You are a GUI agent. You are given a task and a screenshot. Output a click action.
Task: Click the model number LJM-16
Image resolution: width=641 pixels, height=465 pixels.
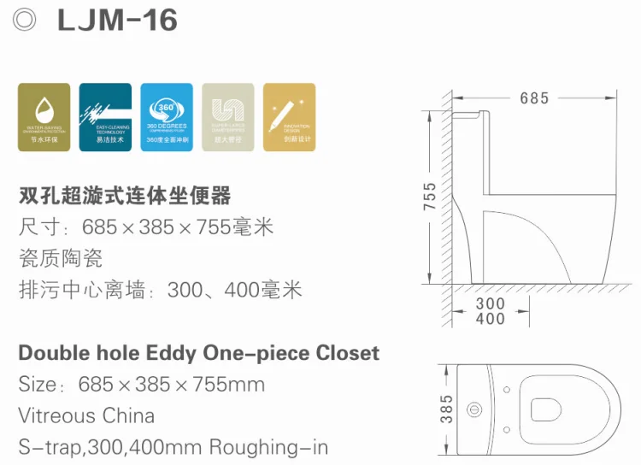tap(117, 21)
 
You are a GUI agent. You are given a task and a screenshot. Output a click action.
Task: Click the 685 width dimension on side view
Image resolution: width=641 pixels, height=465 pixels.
tap(534, 98)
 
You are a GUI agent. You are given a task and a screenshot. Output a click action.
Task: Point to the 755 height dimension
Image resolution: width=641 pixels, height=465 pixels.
tap(430, 196)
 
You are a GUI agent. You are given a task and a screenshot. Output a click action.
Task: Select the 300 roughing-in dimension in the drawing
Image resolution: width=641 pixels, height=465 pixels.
tap(490, 303)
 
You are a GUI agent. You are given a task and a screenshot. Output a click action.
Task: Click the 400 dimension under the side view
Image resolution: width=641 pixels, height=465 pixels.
tap(490, 319)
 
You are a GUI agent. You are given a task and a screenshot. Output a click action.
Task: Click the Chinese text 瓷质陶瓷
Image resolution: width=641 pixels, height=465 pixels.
tap(60, 258)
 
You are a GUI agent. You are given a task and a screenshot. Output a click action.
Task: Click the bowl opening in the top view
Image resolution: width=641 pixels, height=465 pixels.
tap(549, 409)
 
